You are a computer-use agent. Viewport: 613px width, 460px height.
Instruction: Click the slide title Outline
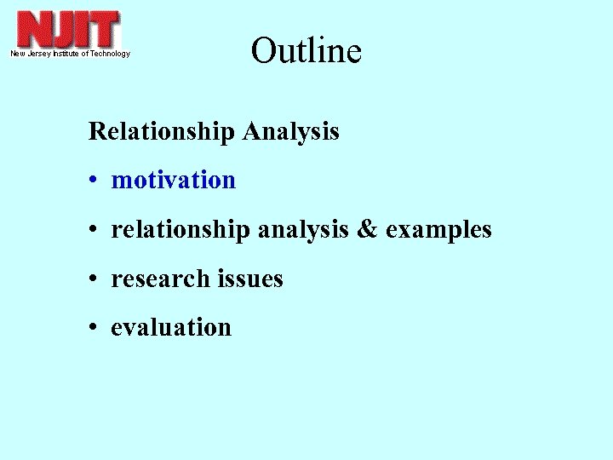tap(306, 51)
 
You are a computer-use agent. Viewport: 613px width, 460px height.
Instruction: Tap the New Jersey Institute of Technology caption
tap(70, 54)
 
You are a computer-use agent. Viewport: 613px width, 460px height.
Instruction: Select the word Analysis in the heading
tap(290, 132)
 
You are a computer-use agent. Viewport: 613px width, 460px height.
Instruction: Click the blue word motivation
tap(173, 181)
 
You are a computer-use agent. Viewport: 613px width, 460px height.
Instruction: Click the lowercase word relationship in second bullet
tap(180, 230)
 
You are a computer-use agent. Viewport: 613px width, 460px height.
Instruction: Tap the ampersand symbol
tap(365, 230)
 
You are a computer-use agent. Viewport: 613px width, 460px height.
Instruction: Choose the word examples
tap(438, 230)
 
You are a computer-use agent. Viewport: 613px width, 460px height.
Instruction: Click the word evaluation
tap(171, 327)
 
